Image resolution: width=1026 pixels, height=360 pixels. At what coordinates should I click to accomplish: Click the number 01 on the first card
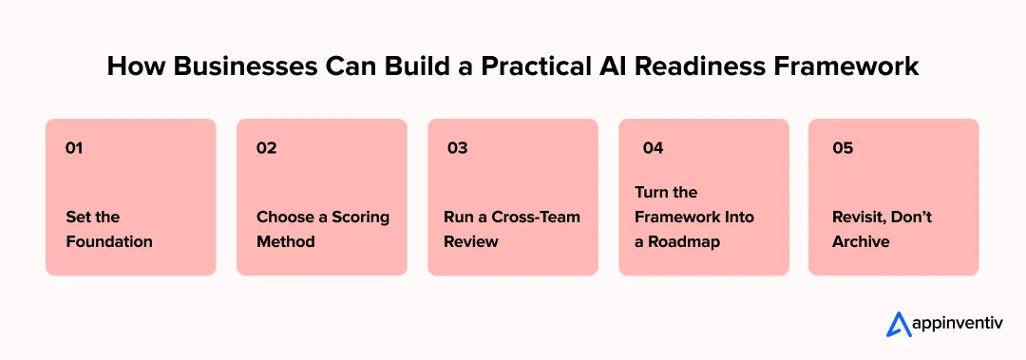pos(74,148)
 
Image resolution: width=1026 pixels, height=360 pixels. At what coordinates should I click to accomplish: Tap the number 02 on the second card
pos(266,148)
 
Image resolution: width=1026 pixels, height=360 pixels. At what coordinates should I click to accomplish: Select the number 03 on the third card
pos(457,148)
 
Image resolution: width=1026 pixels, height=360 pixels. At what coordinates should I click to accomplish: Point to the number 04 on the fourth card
pos(653,148)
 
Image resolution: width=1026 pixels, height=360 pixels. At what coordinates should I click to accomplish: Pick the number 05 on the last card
pos(843,148)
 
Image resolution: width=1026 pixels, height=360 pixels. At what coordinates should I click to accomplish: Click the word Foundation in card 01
pos(109,241)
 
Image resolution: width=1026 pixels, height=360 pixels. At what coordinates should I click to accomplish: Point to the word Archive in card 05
pos(861,241)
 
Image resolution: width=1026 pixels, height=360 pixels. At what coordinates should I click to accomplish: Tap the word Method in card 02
pos(285,241)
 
